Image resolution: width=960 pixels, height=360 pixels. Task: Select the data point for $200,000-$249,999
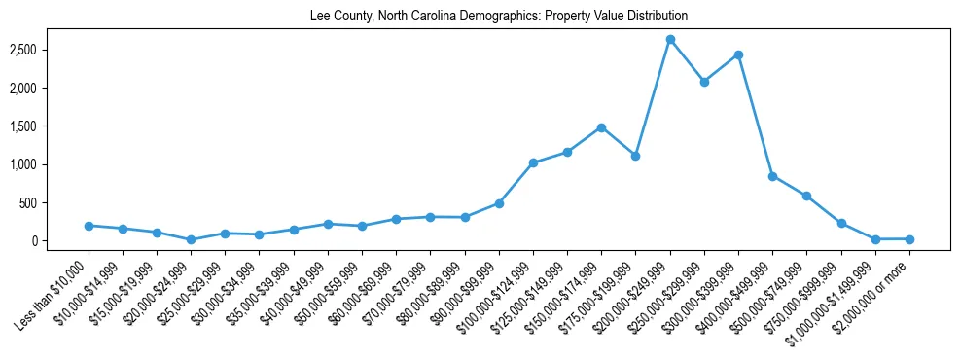[670, 40]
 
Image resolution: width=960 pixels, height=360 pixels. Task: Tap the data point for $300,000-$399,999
[738, 54]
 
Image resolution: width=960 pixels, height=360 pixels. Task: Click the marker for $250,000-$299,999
[704, 82]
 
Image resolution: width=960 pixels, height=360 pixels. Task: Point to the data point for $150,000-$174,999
[601, 127]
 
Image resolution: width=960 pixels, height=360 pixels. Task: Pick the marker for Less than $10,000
[89, 226]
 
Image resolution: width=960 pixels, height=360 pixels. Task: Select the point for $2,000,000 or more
[909, 239]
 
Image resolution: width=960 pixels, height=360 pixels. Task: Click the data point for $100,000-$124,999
[533, 162]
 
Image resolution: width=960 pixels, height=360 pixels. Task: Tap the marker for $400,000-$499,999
[772, 176]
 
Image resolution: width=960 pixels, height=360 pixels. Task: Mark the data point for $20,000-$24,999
[192, 239]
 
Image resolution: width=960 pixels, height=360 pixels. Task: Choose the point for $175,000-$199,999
[635, 156]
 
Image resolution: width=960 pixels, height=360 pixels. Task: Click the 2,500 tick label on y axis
[49, 50]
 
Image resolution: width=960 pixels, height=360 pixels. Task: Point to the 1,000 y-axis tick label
[49, 164]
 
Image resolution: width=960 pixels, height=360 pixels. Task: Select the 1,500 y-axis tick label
[49, 126]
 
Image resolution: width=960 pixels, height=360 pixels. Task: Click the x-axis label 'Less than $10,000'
[55, 290]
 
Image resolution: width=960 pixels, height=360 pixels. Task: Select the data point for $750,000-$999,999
[841, 223]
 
